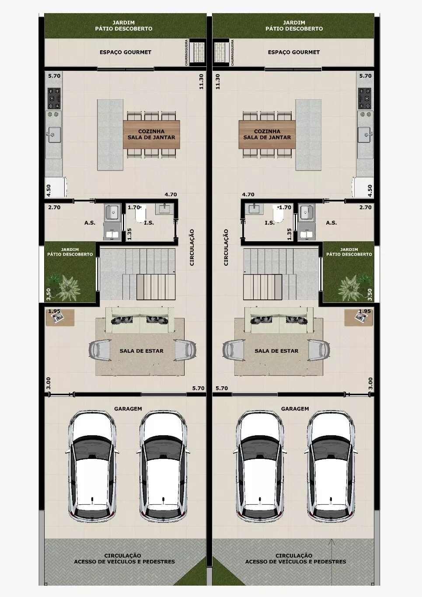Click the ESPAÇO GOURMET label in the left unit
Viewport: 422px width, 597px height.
(x=126, y=52)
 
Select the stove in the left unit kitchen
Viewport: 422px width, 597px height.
(x=54, y=98)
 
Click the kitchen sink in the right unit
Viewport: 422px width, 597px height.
(x=365, y=135)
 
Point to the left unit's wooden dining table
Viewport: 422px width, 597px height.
(x=151, y=134)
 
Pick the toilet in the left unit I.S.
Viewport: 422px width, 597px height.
(x=140, y=215)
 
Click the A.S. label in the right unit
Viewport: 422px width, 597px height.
(x=331, y=222)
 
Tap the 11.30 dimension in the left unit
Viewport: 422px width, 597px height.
(x=202, y=82)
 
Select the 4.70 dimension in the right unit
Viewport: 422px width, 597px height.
(x=248, y=194)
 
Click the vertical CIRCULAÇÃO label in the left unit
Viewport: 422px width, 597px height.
(x=192, y=247)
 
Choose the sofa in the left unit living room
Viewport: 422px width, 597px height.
(x=140, y=320)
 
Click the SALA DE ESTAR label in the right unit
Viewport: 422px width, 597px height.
(x=276, y=351)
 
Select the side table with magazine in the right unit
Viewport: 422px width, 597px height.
(x=359, y=317)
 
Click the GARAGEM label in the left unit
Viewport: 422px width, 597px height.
(x=128, y=409)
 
